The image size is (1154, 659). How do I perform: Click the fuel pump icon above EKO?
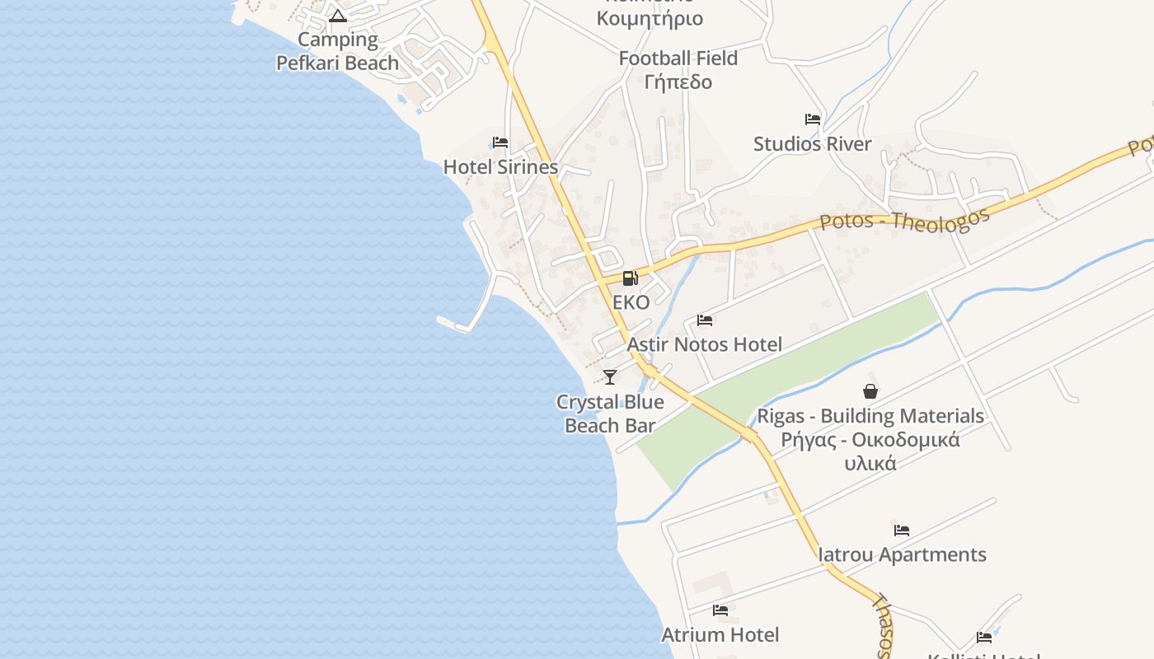click(630, 278)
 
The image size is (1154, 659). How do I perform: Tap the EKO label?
click(631, 302)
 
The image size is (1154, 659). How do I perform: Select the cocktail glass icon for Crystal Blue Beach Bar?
click(610, 377)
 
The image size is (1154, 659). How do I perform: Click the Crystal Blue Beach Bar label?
click(610, 414)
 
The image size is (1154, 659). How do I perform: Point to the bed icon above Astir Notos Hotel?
click(705, 320)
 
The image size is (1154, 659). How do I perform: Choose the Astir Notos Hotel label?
click(705, 344)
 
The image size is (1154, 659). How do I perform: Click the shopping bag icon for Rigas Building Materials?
click(870, 391)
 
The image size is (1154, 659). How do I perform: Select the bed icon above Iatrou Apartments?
click(902, 530)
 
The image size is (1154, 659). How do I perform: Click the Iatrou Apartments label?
click(902, 554)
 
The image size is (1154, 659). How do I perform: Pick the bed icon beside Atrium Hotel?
click(720, 610)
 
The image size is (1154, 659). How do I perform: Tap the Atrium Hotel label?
click(720, 634)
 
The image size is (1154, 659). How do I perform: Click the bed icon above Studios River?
click(813, 119)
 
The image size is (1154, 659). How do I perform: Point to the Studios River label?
click(813, 144)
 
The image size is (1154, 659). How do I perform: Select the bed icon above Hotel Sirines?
click(500, 143)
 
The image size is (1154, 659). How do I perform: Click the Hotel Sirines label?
click(501, 166)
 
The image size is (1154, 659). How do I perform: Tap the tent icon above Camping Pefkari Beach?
click(338, 16)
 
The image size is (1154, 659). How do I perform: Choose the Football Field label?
click(678, 58)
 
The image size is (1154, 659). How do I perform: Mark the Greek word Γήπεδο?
click(678, 82)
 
